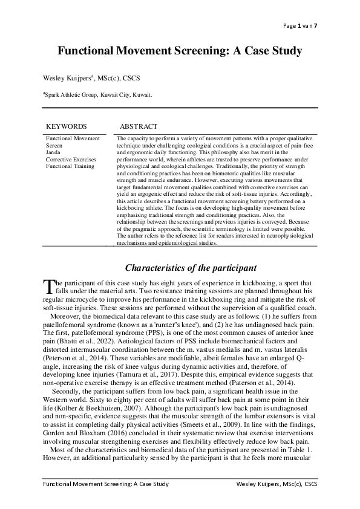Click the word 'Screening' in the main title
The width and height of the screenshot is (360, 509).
pyautogui.click(x=191, y=51)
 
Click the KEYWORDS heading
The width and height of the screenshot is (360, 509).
pyautogui.click(x=67, y=126)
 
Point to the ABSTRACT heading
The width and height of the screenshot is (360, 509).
pyautogui.click(x=139, y=126)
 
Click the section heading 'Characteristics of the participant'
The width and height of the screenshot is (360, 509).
pyautogui.click(x=191, y=268)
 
